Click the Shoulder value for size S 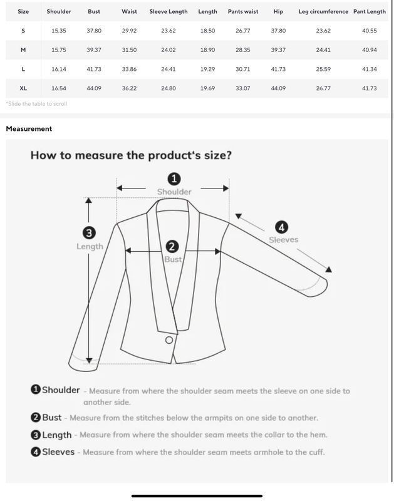(x=59, y=31)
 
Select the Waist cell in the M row (x=129, y=50)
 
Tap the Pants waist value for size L (x=243, y=69)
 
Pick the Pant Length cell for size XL (x=370, y=88)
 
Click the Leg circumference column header (x=323, y=11)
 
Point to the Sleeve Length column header (x=168, y=11)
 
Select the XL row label (x=23, y=88)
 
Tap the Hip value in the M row (x=278, y=50)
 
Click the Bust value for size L (x=94, y=69)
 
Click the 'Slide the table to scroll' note (x=36, y=103)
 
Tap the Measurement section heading (x=29, y=129)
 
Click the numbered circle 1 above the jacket (x=174, y=179)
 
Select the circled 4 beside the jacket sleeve (x=281, y=227)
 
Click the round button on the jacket (x=169, y=340)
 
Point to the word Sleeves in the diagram (x=283, y=240)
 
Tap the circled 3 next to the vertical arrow (x=89, y=233)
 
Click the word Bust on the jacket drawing (x=173, y=259)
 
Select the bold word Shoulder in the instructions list (x=61, y=390)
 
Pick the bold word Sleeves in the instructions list (x=58, y=452)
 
